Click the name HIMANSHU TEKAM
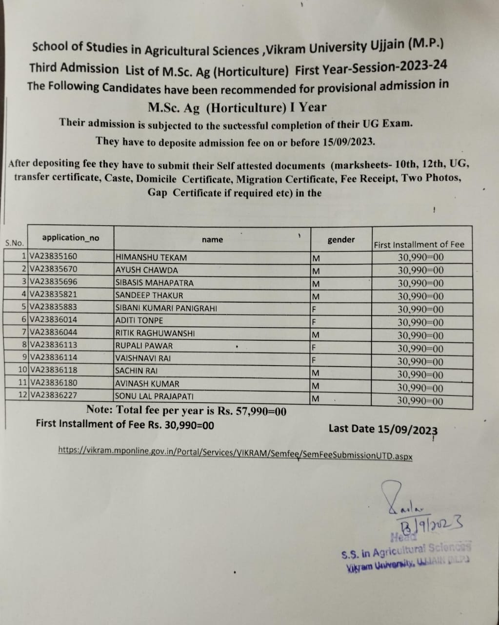(151, 257)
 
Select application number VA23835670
(53, 269)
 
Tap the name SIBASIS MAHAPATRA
(154, 283)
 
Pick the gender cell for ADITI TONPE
(315, 322)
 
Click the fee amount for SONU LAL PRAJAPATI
(420, 401)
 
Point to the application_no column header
(70, 238)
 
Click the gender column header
(341, 240)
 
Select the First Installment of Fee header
(419, 245)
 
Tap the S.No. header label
(14, 243)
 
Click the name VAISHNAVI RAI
(143, 358)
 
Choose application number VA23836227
(53, 395)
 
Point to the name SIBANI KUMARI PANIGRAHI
(166, 308)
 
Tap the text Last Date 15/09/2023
(383, 429)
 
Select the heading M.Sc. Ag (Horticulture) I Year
(237, 107)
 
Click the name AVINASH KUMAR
(147, 384)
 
